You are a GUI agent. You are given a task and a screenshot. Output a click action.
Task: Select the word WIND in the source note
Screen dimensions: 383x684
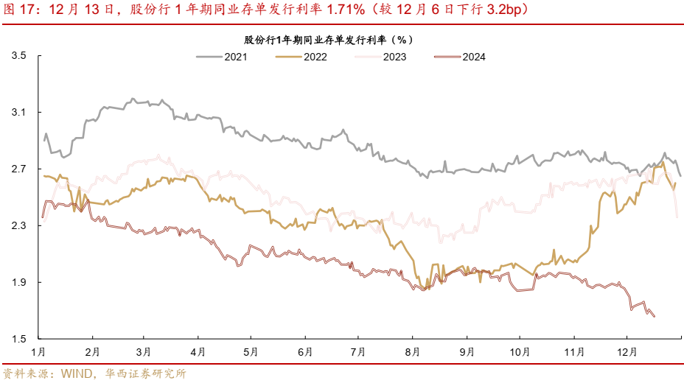click(76, 373)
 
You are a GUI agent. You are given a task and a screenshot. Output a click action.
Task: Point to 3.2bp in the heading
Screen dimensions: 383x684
click(501, 11)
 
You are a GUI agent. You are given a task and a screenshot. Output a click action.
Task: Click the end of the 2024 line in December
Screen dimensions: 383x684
click(655, 317)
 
